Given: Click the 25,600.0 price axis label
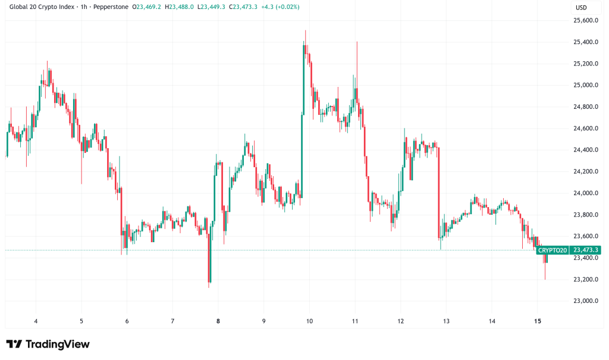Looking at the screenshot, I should [x=585, y=20].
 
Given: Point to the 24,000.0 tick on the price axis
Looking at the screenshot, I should [x=585, y=193].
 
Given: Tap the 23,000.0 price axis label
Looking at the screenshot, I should [x=585, y=301].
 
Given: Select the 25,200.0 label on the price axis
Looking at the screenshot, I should [x=585, y=64].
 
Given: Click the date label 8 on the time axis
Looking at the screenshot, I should [x=218, y=321].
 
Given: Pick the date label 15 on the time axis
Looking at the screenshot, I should [x=537, y=321].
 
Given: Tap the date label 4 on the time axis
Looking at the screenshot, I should [x=36, y=321].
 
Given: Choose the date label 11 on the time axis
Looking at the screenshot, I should [x=354, y=321].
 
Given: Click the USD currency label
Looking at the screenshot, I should [x=580, y=7].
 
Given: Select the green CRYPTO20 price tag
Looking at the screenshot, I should [x=552, y=251].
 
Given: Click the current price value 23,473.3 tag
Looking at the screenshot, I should [x=585, y=251].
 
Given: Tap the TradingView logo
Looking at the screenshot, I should [x=48, y=344].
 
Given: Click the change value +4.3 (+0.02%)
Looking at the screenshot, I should [x=280, y=7].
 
